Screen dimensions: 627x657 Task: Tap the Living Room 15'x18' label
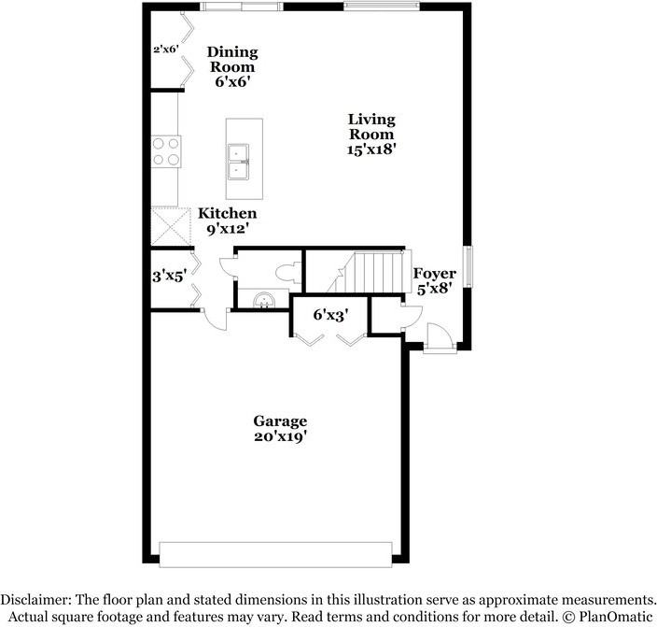pos(371,134)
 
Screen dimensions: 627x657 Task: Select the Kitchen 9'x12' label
pos(227,221)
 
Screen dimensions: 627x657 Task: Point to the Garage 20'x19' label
pos(280,428)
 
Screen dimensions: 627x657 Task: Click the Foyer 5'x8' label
pos(435,281)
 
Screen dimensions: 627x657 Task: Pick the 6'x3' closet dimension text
pos(329,316)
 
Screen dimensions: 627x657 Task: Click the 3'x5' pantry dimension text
pos(169,277)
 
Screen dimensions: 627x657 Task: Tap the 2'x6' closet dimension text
pos(165,50)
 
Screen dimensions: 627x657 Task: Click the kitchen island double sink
pos(241,161)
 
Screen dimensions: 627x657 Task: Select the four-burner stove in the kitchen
pos(166,151)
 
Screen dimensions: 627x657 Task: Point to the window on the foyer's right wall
pos(470,268)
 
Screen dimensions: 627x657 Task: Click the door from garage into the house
pos(215,320)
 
